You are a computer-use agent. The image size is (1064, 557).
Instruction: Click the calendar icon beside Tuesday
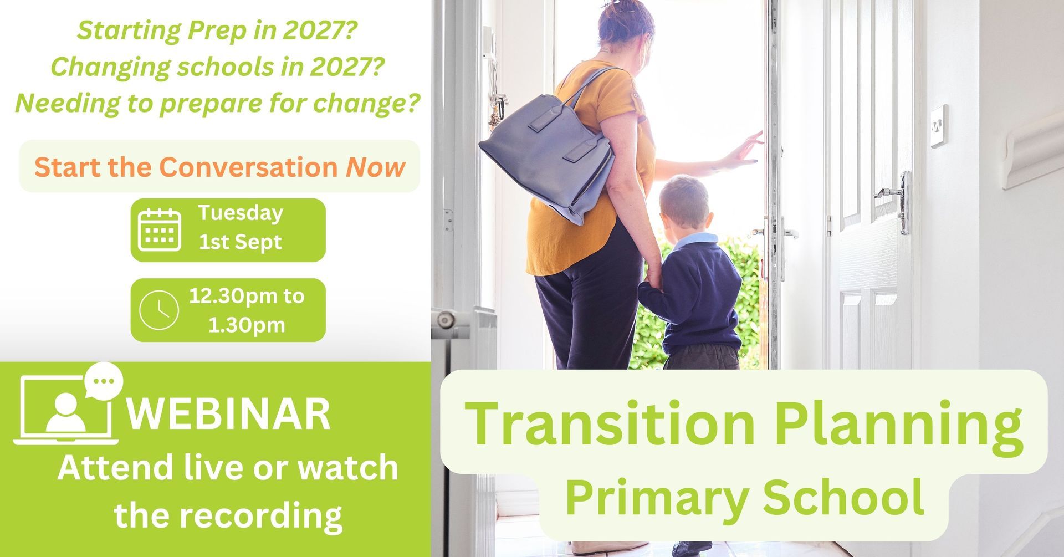[159, 229]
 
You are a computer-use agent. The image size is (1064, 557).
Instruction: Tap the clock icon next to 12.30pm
[158, 310]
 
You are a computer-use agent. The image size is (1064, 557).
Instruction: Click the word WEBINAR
[229, 413]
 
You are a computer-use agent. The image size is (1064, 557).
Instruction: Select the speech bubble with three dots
[103, 380]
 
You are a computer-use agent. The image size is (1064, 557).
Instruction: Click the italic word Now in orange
[376, 167]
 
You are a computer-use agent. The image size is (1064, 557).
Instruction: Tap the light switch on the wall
[938, 126]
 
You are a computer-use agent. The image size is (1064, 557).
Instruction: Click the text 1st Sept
[240, 243]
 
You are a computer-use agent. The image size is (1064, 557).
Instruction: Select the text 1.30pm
[247, 325]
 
